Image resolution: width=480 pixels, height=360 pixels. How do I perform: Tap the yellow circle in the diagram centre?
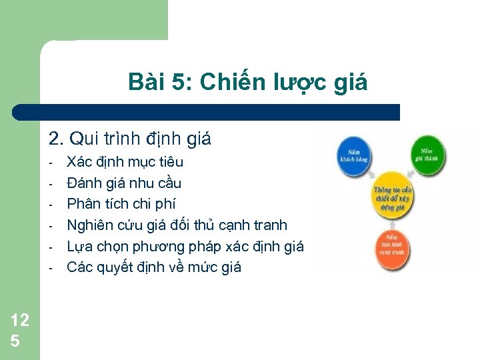[392, 195]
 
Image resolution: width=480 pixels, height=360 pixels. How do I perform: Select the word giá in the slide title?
[351, 83]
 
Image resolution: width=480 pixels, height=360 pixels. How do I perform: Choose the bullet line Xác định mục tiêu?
[125, 162]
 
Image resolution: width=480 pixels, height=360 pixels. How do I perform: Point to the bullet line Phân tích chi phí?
[121, 204]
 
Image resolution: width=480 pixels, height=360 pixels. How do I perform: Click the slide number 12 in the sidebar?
[19, 320]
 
